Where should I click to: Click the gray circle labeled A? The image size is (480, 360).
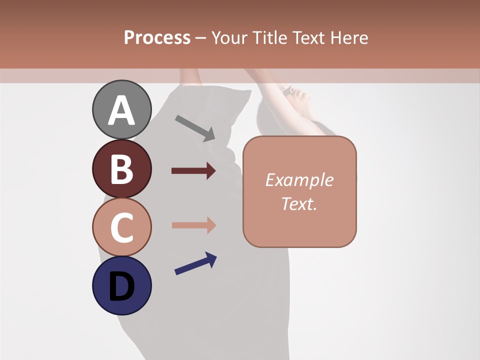(121, 109)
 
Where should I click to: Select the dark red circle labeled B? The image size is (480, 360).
(121, 168)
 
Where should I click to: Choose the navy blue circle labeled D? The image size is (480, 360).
(121, 285)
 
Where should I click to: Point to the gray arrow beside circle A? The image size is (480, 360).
(195, 127)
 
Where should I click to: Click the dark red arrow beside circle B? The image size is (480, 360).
(193, 171)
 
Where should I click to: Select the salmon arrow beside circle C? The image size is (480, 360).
(193, 225)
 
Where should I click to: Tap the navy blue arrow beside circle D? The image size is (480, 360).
(195, 263)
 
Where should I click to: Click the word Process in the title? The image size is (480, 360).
(157, 37)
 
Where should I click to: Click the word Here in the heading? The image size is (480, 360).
(349, 37)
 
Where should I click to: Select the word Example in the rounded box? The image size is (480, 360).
(299, 180)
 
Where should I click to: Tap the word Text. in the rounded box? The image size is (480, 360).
(299, 203)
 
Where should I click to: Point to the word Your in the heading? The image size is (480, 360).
(228, 37)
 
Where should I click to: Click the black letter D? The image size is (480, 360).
(121, 286)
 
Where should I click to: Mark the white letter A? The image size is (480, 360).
(121, 110)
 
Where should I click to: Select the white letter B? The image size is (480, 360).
(121, 169)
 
